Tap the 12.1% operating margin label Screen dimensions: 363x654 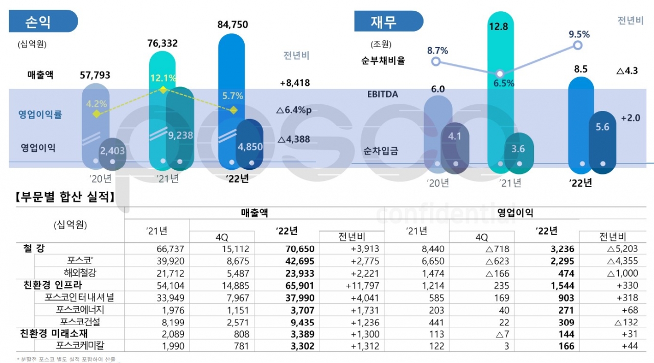163,79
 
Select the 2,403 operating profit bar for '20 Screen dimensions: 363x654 113,152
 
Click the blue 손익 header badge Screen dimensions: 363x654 43,21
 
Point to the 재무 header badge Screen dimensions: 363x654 388,21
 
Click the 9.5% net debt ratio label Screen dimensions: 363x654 579,34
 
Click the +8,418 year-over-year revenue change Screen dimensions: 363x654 295,82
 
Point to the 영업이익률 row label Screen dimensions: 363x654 41,115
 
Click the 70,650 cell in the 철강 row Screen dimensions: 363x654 299,249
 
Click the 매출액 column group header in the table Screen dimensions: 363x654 254,213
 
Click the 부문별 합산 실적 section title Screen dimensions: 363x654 64,197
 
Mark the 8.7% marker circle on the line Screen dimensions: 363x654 435,61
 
